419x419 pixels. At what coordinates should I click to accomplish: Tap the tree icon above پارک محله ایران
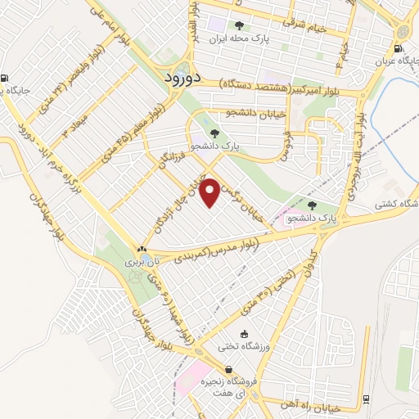point(239,25)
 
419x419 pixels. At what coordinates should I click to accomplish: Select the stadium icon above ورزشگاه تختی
point(233,346)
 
